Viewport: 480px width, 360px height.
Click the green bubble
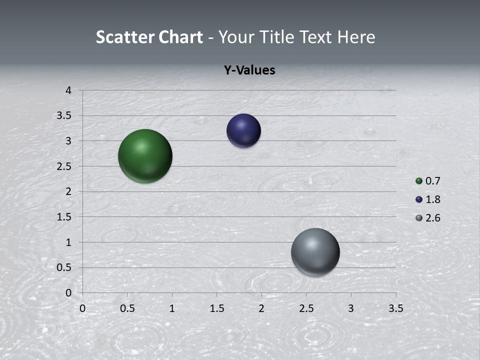(145, 156)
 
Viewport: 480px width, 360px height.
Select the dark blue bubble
(243, 131)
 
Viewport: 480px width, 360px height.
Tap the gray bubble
(315, 252)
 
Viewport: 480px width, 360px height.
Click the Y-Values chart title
(249, 70)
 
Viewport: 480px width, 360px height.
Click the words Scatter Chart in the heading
(149, 37)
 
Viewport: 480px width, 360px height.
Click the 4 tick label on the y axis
(68, 90)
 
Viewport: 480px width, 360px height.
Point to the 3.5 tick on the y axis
(65, 116)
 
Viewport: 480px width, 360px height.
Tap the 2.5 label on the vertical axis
(65, 166)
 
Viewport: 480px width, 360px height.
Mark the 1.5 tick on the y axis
(65, 217)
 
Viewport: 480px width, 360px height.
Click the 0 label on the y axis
(68, 293)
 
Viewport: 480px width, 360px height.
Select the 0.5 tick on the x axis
(127, 308)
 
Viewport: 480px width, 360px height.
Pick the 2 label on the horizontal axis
(261, 308)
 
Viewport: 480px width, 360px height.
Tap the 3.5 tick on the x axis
(395, 308)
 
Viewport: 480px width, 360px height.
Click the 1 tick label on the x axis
(172, 308)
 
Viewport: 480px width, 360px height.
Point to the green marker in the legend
(419, 181)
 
